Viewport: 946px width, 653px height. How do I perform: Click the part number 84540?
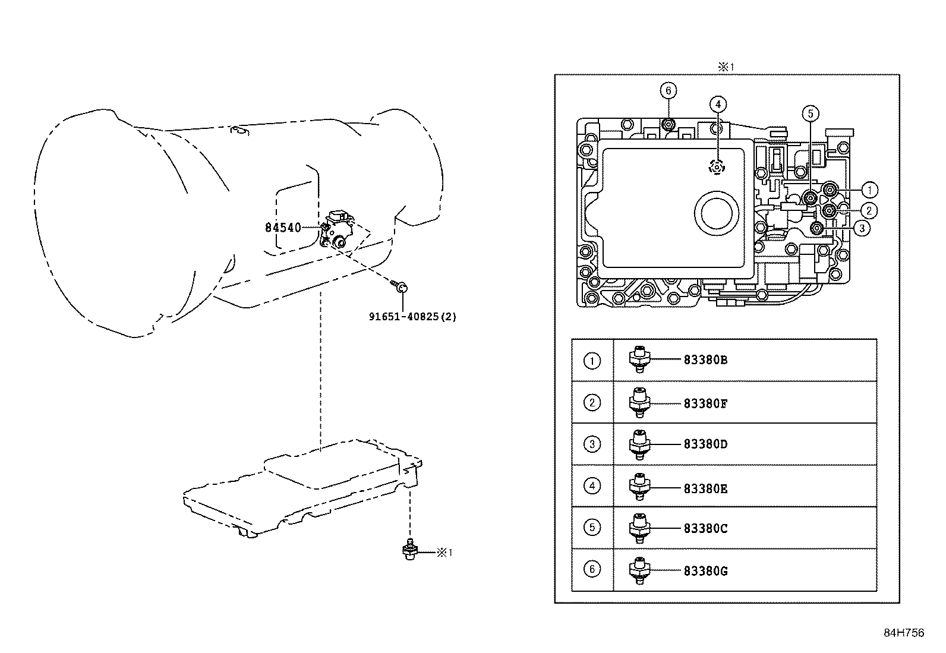[x=283, y=228]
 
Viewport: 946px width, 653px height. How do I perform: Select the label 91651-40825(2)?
[x=413, y=317]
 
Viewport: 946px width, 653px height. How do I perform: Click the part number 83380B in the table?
[x=705, y=360]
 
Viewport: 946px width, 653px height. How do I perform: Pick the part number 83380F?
[x=705, y=404]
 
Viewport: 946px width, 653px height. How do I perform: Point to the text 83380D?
[x=705, y=444]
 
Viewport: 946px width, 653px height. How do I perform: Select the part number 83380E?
[x=705, y=489]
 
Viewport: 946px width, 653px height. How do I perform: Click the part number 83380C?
[x=705, y=529]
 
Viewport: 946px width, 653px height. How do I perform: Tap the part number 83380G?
[x=705, y=572]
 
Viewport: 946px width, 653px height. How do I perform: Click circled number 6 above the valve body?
[x=668, y=90]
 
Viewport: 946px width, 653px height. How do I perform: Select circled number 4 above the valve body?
[x=718, y=105]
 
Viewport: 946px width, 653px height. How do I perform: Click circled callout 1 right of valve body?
[x=869, y=190]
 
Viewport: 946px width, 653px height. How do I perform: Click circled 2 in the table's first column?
[x=592, y=403]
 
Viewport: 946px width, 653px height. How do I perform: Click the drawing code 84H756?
[x=904, y=633]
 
